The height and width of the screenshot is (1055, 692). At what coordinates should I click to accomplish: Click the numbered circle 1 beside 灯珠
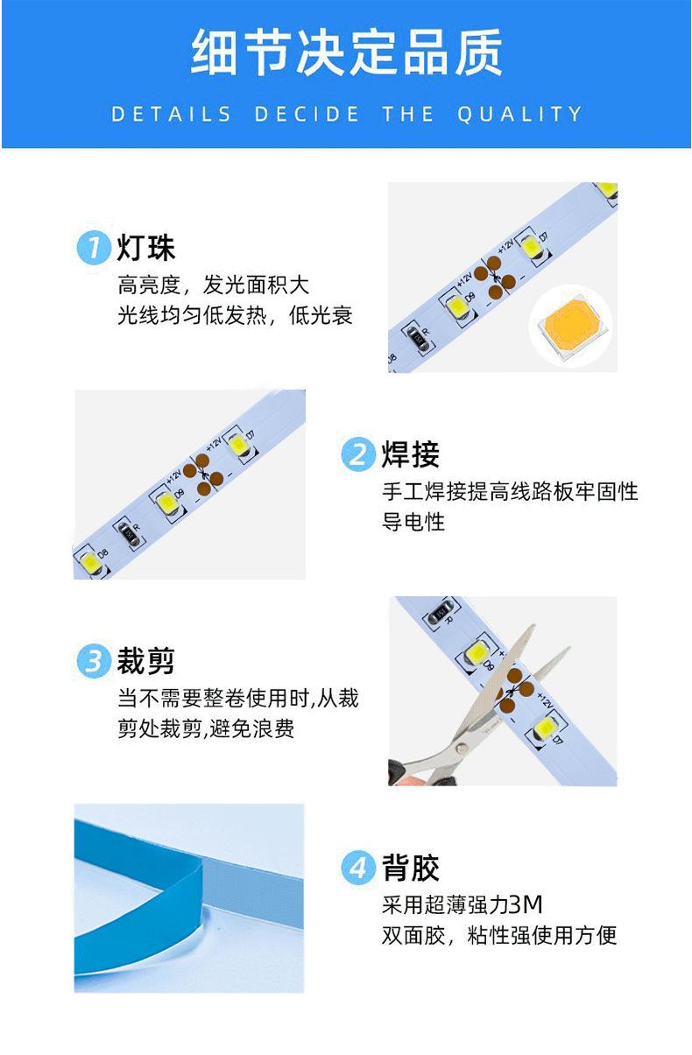point(94,247)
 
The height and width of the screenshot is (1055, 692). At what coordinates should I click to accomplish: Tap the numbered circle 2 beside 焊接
point(358,454)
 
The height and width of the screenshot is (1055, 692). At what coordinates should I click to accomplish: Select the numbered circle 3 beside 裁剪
point(94,661)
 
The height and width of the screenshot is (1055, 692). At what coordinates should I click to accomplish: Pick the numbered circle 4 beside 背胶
point(358,867)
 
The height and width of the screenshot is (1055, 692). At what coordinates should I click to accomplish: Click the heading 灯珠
point(146,247)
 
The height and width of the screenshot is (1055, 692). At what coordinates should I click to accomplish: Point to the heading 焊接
point(410,454)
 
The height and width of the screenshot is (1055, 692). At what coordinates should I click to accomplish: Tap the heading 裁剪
point(146,661)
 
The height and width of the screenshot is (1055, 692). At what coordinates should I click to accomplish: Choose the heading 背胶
point(410,868)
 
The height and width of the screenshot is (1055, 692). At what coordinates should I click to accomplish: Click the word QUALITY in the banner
point(519,115)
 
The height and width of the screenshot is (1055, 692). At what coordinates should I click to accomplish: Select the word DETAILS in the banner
point(171,115)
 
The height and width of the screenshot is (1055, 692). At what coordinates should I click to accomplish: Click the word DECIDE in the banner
point(307,115)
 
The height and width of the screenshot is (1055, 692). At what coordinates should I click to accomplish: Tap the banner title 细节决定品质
point(346,52)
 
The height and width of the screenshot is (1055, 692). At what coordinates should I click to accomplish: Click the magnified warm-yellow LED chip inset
point(570,325)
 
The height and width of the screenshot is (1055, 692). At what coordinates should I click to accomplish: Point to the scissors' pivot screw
point(462,747)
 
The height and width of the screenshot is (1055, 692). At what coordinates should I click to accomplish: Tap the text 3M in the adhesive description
point(526,904)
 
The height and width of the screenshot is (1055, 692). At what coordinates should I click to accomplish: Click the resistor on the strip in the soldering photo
point(128,532)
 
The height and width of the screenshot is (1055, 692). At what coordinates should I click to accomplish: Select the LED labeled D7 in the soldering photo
point(238,444)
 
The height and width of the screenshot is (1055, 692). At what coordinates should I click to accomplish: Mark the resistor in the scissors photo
point(440,612)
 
